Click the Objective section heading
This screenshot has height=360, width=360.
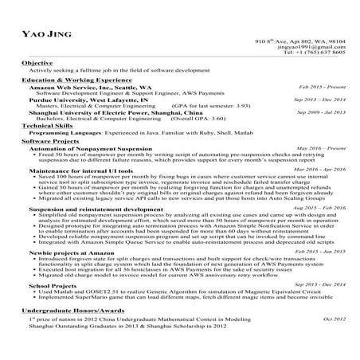[37, 62]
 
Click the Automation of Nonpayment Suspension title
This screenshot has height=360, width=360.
[90, 149]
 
